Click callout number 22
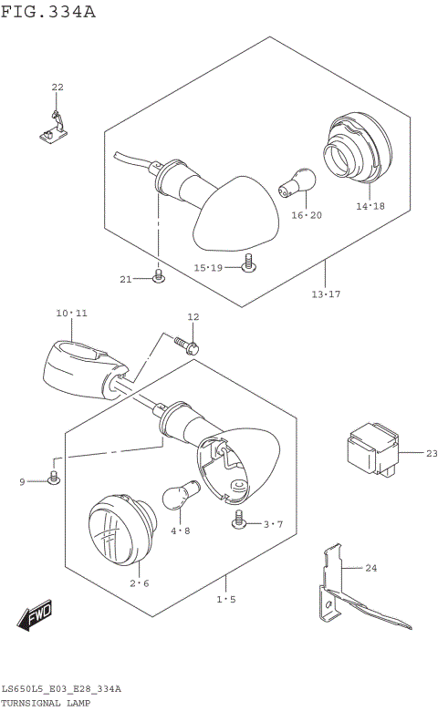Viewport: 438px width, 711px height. [x=57, y=88]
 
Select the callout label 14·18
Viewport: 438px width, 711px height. [x=370, y=207]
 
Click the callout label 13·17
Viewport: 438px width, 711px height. [x=326, y=294]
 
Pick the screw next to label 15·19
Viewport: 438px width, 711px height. [x=248, y=265]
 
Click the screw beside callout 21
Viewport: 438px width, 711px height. [x=159, y=275]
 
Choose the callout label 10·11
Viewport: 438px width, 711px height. [x=70, y=313]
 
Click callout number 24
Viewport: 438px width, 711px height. [x=370, y=568]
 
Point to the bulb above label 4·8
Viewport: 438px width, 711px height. [x=180, y=495]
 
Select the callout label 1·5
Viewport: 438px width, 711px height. [x=226, y=599]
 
